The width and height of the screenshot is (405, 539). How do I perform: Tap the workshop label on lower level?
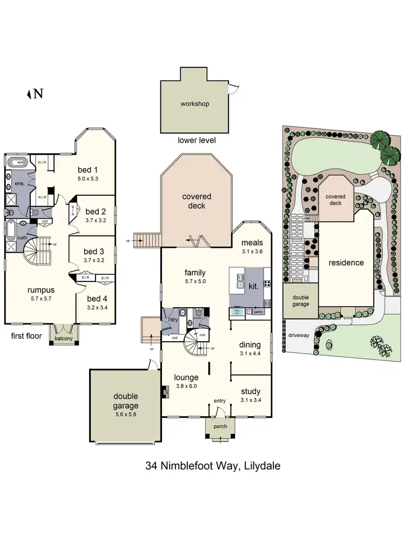[x=194, y=103]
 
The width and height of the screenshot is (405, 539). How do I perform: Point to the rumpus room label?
[x=41, y=291]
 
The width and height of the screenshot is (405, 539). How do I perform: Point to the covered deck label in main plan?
[x=197, y=201]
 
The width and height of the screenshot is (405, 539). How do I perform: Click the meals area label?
[x=252, y=243]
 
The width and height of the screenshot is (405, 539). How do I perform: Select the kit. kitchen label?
[x=253, y=286]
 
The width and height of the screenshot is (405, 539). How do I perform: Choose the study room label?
[x=251, y=391]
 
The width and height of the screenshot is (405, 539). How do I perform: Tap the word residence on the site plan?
[x=346, y=263]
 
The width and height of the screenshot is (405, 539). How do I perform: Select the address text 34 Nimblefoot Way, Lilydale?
[x=213, y=466]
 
